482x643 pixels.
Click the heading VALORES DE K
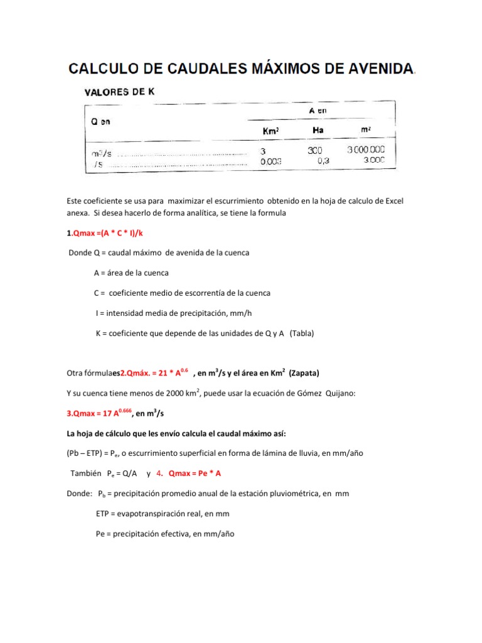119,92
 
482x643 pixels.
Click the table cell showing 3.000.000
367,151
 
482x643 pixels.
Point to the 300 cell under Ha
316,151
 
